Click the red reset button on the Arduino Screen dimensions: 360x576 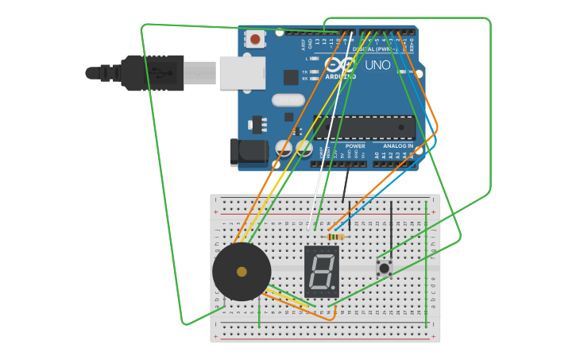pyautogui.click(x=256, y=38)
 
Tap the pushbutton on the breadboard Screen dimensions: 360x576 pyautogui.click(x=385, y=268)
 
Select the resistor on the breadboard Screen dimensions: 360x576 pyautogui.click(x=336, y=236)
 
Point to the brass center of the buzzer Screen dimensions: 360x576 pyautogui.click(x=242, y=272)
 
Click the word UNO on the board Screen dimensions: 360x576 pyautogui.click(x=377, y=65)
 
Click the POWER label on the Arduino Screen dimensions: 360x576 pyautogui.click(x=355, y=146)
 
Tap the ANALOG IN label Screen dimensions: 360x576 pyautogui.click(x=398, y=146)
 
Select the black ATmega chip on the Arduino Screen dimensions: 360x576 pyautogui.click(x=365, y=127)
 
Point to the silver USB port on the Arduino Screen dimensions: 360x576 pyautogui.click(x=242, y=72)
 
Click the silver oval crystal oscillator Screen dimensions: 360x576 pyautogui.click(x=288, y=100)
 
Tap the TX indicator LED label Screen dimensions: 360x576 pyautogui.click(x=304, y=72)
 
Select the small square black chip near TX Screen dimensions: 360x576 pyautogui.click(x=291, y=77)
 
